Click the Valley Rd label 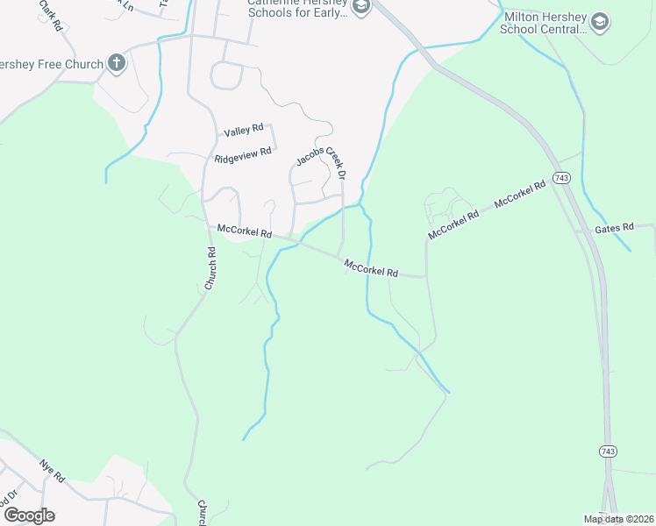244,131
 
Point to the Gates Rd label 614,228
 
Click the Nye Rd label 52,471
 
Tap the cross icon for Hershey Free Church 116,62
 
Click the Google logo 28,515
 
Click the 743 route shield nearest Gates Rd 562,178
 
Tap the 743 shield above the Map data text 608,451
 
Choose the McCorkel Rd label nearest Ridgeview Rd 244,231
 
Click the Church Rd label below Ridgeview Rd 210,268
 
